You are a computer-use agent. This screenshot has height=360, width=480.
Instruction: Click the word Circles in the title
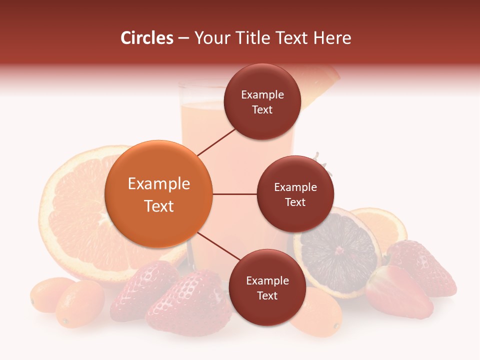pos(146,38)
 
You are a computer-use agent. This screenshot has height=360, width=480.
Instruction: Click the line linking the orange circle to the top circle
pos(216,142)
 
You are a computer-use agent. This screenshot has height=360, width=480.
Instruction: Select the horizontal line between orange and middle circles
pos(234,194)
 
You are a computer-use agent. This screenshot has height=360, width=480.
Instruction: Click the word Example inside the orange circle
pos(158,184)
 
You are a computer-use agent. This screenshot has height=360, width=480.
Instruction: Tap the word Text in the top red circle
pos(262,110)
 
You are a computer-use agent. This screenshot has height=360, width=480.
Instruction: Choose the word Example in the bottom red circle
pos(267,281)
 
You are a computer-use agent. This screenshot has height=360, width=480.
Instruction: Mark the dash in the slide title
pos(183,38)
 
